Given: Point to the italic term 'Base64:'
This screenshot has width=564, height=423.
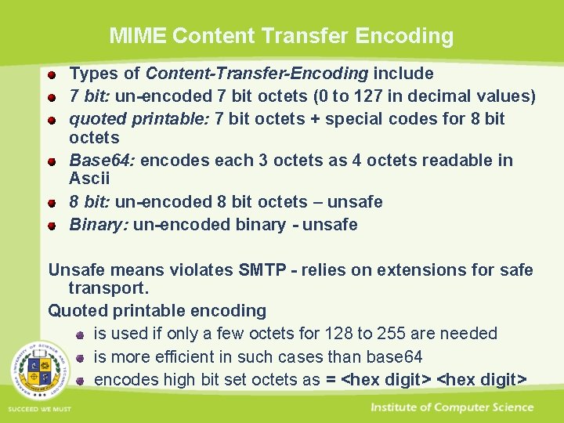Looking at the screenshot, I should point(102,161).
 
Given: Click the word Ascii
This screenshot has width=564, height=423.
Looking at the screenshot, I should point(89,179).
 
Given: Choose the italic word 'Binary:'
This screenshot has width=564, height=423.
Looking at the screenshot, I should point(99,225).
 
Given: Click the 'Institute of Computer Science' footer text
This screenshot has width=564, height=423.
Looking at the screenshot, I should point(452,407).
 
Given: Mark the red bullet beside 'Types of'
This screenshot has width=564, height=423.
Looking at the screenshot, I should point(52,75).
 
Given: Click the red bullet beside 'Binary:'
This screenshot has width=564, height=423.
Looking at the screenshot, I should point(52,226).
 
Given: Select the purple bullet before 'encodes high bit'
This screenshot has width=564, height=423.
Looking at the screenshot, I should point(80,381).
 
